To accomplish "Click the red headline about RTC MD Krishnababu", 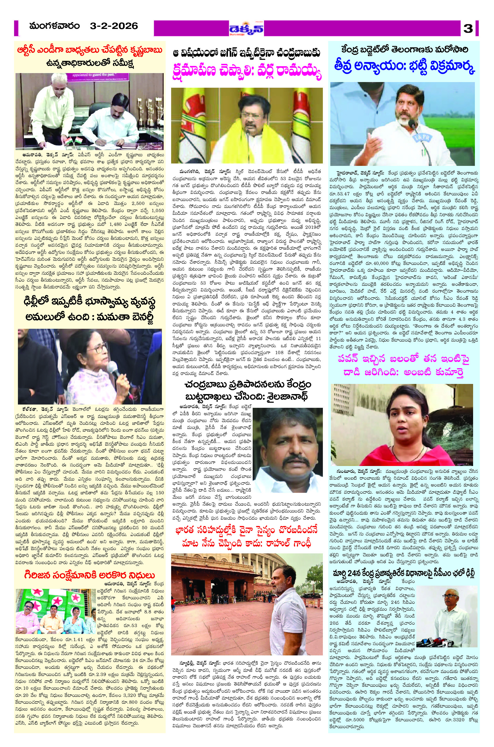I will click(x=90, y=51).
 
